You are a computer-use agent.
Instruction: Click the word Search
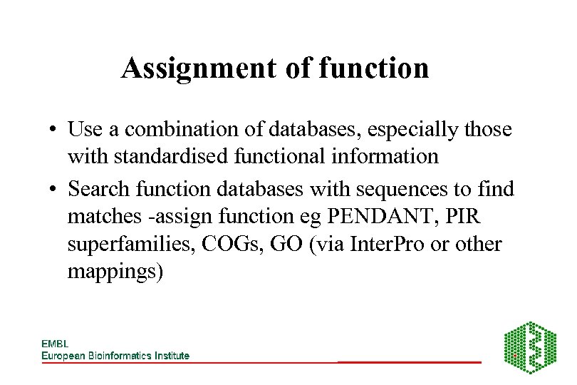coord(100,189)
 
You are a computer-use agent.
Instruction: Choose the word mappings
coord(115,272)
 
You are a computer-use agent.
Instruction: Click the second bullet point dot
coord(53,190)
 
